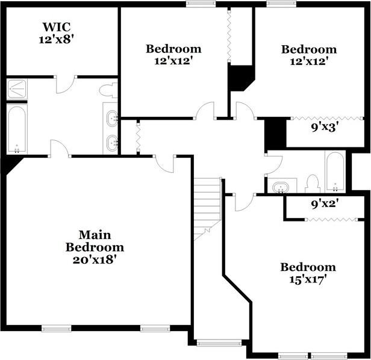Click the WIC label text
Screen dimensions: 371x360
point(57,26)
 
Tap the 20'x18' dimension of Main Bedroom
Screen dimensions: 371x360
point(95,260)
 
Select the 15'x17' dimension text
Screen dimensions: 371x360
point(308,279)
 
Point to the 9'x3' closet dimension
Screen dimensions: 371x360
point(323,128)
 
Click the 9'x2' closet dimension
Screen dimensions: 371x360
point(323,204)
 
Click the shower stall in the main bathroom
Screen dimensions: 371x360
point(17,89)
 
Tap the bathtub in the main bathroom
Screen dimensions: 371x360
point(17,129)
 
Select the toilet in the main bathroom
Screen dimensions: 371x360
point(108,90)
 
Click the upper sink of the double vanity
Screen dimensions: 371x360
point(112,117)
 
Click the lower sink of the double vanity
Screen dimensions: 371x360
point(112,143)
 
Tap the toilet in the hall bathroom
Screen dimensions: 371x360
point(313,184)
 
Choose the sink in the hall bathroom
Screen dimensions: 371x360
point(281,187)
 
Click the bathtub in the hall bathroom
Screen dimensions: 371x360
point(335,172)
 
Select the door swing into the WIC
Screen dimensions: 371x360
point(66,84)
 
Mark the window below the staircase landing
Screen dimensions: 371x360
point(219,343)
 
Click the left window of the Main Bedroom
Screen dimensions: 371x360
point(57,328)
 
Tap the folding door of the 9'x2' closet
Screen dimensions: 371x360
point(331,220)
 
